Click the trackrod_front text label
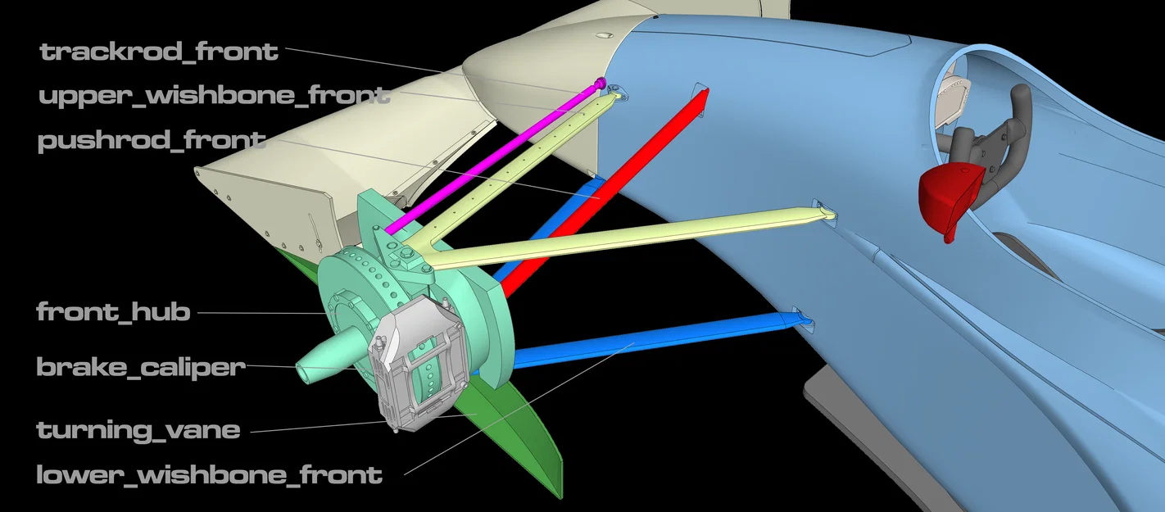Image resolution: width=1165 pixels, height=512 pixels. coord(159,52)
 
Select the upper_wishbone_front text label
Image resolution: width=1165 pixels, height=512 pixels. coord(215,96)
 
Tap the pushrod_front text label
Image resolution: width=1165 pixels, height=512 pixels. coord(152,140)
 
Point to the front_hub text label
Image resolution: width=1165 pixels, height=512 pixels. coord(113,312)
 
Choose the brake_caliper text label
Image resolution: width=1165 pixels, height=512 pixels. coord(140,367)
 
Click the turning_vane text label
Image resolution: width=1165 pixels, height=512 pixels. coord(138,430)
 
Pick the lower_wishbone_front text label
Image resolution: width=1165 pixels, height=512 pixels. coord(209,475)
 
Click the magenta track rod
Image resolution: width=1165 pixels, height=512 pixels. coord(494,159)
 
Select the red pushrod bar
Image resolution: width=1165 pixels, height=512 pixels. coord(603,193)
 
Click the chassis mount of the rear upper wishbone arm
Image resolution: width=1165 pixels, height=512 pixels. coord(825,212)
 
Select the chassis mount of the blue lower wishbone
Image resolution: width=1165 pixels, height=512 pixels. coord(803,318)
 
